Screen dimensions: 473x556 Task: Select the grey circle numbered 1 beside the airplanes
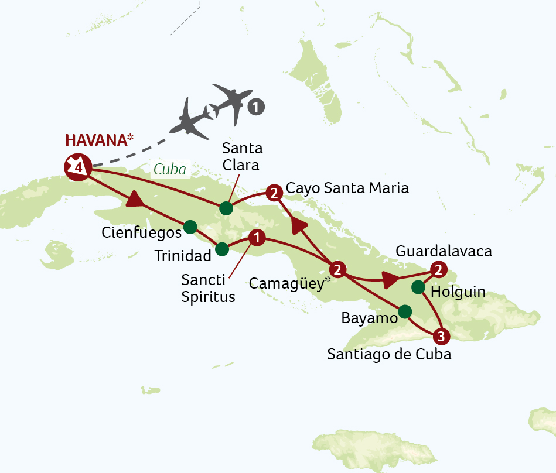tap(256, 107)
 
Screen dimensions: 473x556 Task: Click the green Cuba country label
tap(169, 170)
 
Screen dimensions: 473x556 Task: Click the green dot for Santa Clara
tap(226, 208)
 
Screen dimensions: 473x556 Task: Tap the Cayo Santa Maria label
tap(347, 188)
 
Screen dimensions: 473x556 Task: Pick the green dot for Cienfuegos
tap(190, 227)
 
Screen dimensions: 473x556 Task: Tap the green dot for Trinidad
tap(222, 249)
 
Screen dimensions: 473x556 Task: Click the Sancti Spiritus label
tap(208, 289)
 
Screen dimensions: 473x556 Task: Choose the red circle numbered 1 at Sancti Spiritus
tap(256, 237)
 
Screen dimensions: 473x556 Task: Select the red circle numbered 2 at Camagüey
tap(337, 269)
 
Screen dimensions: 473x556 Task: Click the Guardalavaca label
tap(444, 252)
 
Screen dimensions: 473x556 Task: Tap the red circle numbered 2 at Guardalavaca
tap(437, 269)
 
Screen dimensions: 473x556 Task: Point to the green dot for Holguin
tap(418, 287)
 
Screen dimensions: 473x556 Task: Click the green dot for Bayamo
tap(405, 311)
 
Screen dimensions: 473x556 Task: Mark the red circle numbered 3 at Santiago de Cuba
tap(441, 337)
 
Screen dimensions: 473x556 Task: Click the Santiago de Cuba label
tap(389, 354)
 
